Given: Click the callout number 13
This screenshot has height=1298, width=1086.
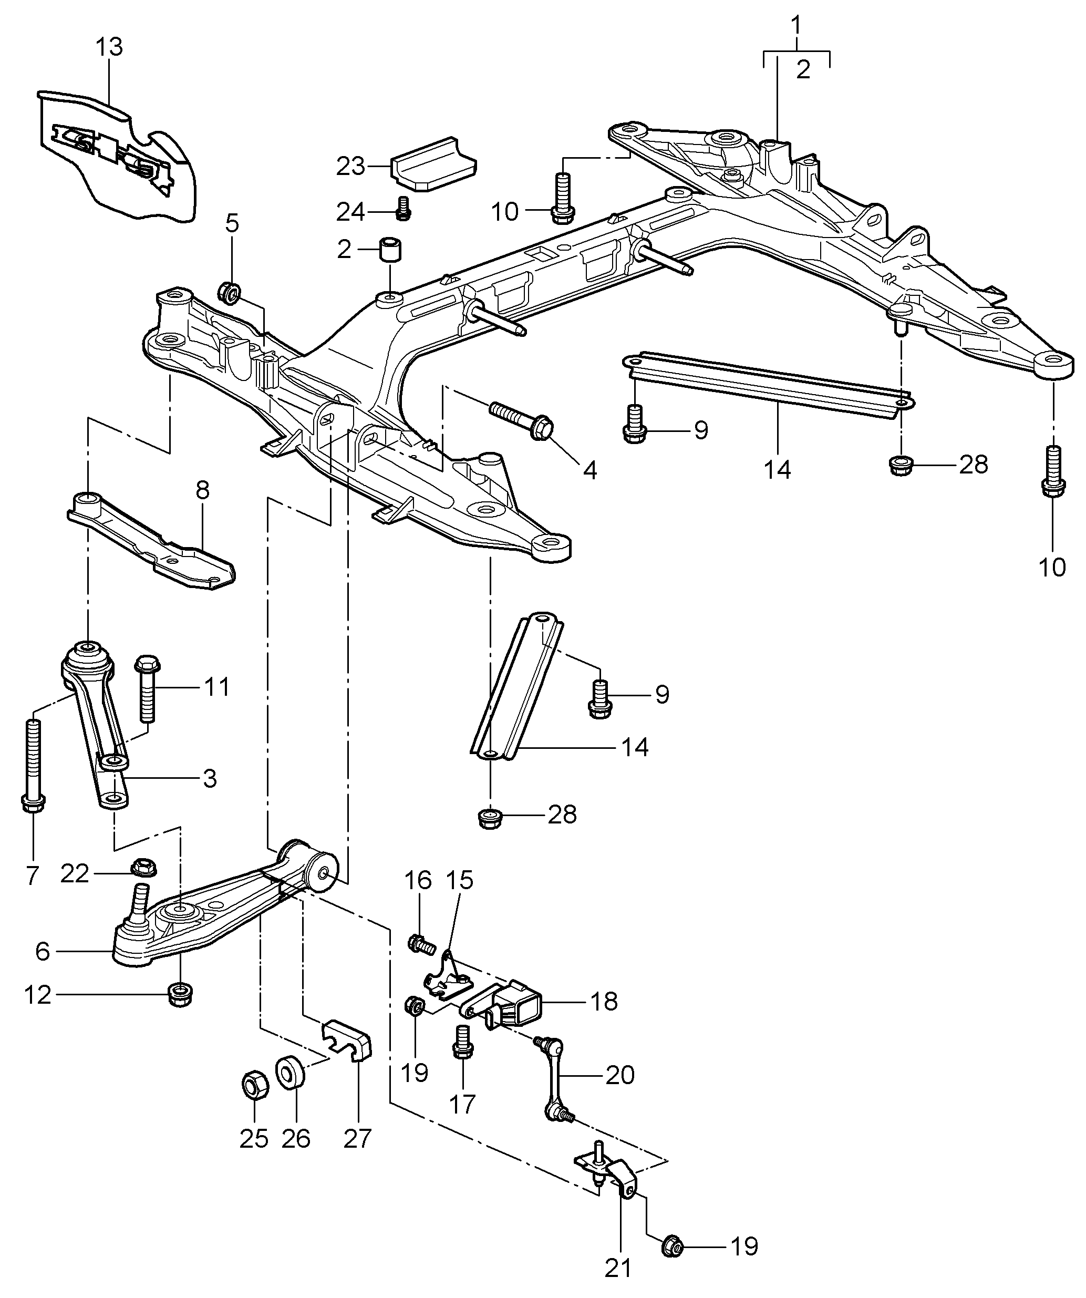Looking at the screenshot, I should pos(109,47).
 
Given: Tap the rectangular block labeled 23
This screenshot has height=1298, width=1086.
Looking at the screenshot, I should pos(433,164).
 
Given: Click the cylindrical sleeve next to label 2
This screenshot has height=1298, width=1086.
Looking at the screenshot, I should pos(389,249).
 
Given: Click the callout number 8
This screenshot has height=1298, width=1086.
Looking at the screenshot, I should pos(203,490).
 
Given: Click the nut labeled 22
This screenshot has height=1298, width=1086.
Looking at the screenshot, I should pos(144,867).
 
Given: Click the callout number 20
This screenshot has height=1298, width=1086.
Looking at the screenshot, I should pos(620,1076).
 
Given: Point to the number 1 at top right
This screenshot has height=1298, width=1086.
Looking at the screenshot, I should pos(796,25).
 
